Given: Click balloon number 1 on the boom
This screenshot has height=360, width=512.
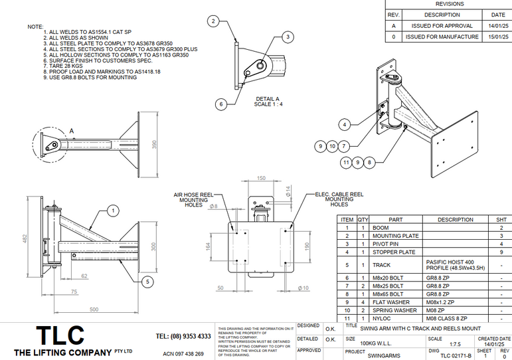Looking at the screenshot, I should coord(113,211).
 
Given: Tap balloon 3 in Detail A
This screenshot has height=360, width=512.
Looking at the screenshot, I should coord(287,37).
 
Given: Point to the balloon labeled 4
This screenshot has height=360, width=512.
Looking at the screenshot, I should coord(344,124).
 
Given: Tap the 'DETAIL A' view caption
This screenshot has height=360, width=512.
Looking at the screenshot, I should coord(268,99).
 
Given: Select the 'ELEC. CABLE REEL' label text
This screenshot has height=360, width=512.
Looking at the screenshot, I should coord(339,195).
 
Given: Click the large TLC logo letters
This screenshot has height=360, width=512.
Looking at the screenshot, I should coord(60,334).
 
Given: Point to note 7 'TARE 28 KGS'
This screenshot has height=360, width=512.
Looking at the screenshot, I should coord(66,67).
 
